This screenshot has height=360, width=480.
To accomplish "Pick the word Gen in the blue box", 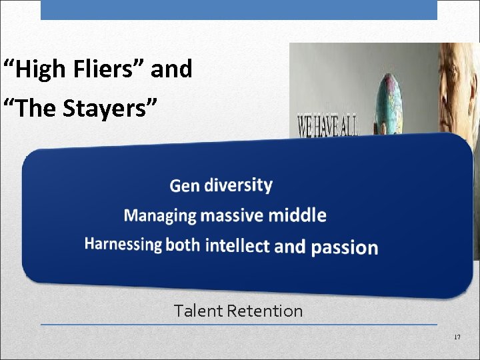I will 185,185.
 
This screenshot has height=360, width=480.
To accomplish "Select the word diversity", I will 238,184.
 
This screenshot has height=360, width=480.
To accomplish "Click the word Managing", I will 160,215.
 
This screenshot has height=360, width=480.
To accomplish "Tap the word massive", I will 233,215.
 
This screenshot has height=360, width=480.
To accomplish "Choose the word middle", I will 297,215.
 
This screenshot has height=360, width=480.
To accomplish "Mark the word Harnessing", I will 123,244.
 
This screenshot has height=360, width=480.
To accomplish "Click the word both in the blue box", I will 183,245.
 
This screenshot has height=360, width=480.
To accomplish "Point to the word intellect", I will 237,245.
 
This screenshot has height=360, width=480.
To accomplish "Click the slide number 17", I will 457,338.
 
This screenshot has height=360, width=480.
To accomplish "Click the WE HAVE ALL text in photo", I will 327,125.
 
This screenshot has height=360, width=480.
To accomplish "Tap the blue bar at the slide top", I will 239,9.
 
